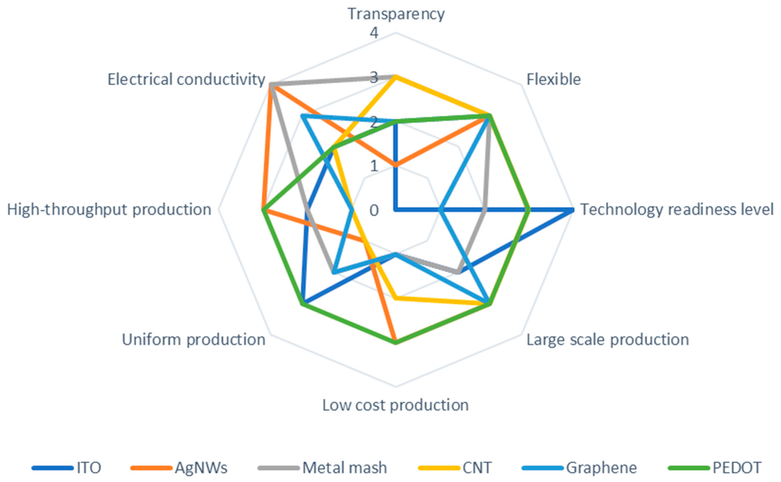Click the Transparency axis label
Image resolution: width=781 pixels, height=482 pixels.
[x=395, y=14]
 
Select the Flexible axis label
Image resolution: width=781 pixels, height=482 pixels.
[x=553, y=79]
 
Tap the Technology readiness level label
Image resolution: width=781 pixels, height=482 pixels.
[x=677, y=210]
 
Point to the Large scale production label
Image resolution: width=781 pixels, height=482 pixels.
[x=607, y=340]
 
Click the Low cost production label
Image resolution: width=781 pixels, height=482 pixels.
[x=395, y=405]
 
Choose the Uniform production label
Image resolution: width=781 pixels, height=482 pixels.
[x=193, y=340]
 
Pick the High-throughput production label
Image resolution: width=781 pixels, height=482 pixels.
[x=109, y=210]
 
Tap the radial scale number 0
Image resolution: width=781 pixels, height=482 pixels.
[x=374, y=210]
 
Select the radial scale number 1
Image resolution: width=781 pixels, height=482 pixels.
[x=374, y=166]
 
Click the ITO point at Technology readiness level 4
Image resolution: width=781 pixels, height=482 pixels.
[x=573, y=210]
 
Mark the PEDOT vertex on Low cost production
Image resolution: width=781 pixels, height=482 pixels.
[x=395, y=343]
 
